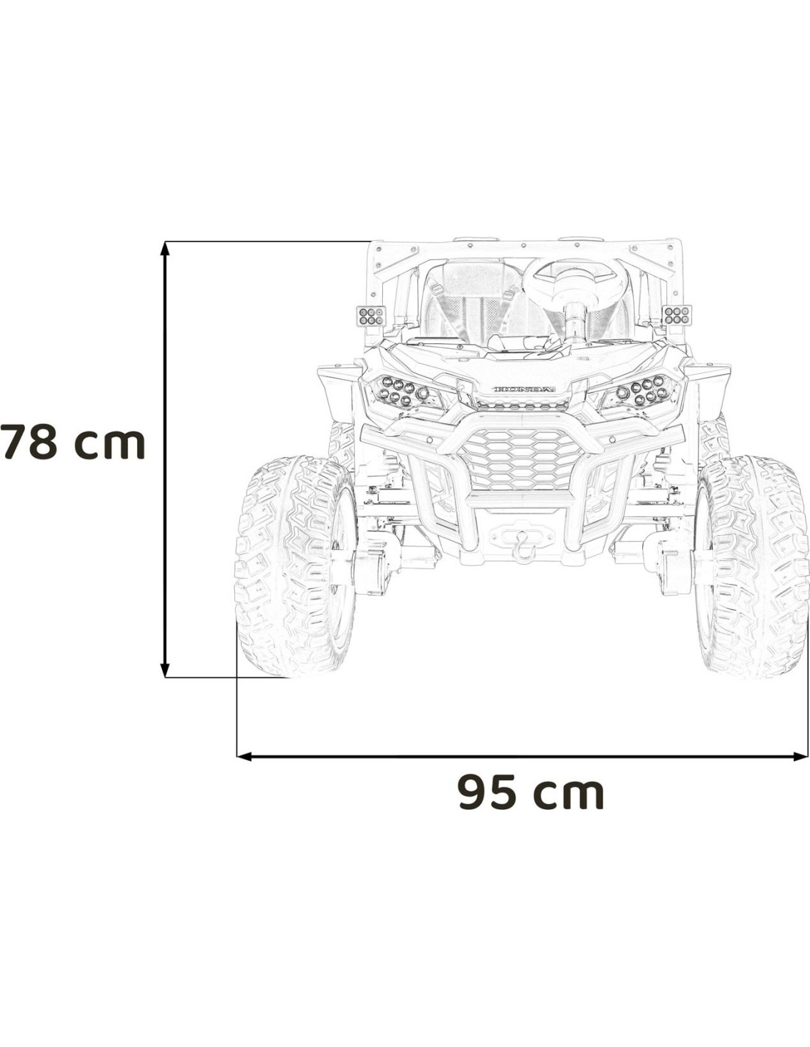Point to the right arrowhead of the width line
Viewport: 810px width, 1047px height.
click(800, 757)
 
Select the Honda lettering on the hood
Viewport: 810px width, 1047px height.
click(524, 389)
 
